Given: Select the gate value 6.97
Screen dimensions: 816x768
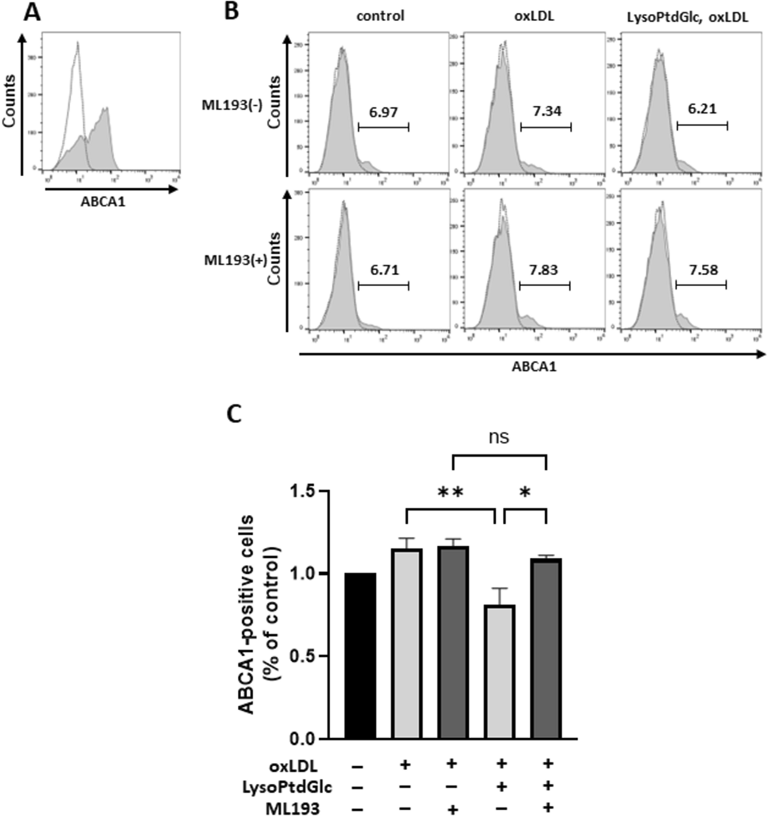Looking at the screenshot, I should click(383, 112).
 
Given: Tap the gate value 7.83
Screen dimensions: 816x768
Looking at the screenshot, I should click(543, 270).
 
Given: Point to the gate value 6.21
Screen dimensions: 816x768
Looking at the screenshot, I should click(702, 109).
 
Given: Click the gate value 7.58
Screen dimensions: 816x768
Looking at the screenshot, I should click(704, 270).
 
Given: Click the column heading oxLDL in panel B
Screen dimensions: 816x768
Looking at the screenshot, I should click(533, 17).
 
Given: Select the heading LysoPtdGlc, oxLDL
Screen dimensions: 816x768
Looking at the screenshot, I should click(694, 17).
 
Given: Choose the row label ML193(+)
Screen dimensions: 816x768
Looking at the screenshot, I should click(233, 261).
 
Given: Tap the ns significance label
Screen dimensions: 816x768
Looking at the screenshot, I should click(499, 437).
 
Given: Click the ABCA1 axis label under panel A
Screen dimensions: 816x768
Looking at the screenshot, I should click(103, 202).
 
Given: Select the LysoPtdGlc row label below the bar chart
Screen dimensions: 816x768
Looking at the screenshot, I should click(287, 787).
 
